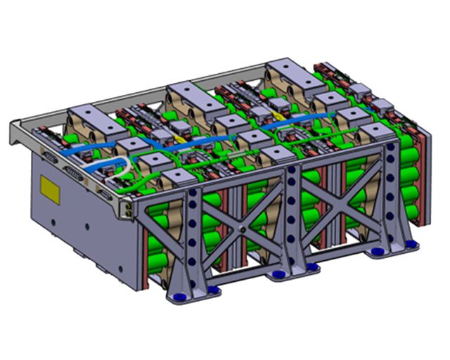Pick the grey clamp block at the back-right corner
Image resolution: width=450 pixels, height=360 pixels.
(x=288, y=72)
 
